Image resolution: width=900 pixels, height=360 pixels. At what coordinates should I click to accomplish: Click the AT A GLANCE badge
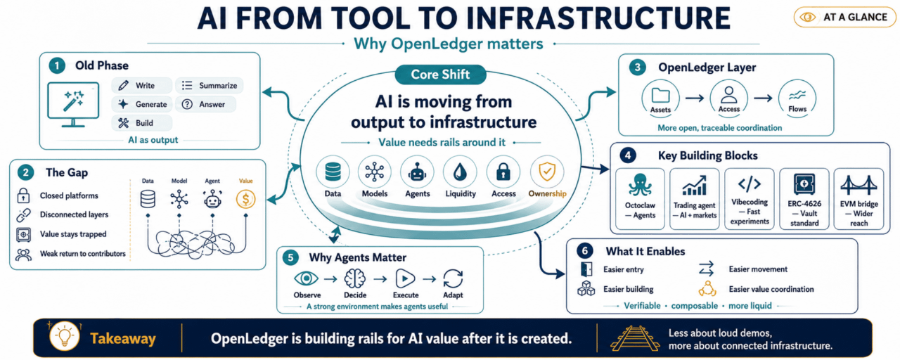[845, 18]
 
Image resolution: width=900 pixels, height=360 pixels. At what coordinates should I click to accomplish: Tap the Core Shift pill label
[440, 75]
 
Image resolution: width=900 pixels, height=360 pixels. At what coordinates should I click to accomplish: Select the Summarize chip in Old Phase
[210, 86]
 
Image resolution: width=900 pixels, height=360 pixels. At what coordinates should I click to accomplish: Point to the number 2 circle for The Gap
[26, 172]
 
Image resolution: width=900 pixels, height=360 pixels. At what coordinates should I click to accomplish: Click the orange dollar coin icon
[245, 199]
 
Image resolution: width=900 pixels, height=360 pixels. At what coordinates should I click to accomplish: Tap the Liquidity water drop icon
[460, 172]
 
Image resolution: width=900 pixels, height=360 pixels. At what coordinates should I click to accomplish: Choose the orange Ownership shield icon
[547, 172]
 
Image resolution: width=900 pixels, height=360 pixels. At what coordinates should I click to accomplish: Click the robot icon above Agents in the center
[417, 172]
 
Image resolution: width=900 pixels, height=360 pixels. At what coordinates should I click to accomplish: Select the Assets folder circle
[660, 98]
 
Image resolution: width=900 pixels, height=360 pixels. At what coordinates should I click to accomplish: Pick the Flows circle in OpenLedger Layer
[797, 98]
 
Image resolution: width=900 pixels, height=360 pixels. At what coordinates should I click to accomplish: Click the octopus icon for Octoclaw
[640, 185]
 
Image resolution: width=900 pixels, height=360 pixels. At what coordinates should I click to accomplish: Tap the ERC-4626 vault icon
[804, 184]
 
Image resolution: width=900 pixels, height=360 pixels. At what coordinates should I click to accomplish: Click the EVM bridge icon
[859, 185]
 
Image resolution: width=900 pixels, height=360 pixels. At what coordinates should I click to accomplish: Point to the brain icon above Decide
[355, 278]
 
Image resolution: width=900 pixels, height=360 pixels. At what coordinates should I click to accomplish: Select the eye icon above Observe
[306, 278]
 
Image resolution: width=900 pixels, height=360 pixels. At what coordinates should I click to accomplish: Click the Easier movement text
[758, 269]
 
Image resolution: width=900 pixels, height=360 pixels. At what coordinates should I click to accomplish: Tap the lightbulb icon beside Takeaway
[64, 336]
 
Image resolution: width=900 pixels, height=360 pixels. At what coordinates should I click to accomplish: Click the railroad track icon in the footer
[635, 338]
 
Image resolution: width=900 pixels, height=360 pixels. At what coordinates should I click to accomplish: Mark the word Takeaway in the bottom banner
[122, 339]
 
